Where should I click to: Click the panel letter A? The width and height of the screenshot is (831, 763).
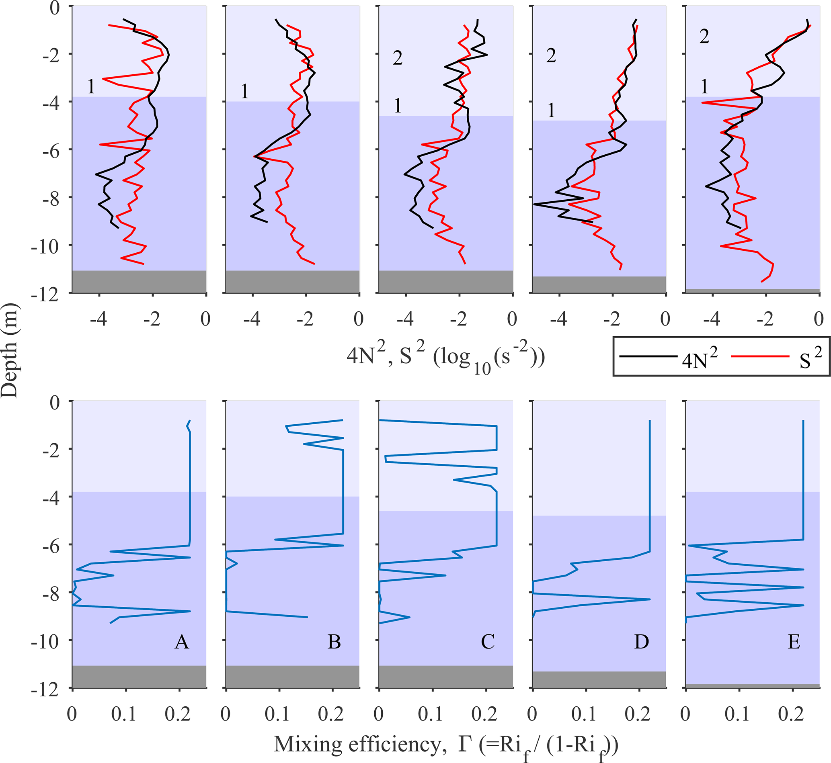click(182, 642)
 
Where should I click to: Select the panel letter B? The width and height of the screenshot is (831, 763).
click(334, 642)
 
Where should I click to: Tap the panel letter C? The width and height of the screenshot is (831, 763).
click(488, 642)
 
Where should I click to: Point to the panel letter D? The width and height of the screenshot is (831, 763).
click(641, 642)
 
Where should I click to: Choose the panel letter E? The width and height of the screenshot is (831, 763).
click(794, 642)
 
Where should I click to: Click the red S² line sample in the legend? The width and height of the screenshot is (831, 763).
click(760, 356)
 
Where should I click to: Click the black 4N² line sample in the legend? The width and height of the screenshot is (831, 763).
click(648, 356)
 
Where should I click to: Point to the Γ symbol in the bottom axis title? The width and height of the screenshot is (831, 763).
click(464, 744)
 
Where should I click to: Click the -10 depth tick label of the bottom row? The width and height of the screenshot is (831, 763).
click(45, 641)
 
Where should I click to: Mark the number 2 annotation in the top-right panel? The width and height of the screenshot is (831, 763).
click(704, 37)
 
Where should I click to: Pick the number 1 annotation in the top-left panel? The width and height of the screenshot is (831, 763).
click(91, 87)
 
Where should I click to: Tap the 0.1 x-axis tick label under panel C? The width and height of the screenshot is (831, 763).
click(430, 714)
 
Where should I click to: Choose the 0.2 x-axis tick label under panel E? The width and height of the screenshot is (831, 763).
click(791, 714)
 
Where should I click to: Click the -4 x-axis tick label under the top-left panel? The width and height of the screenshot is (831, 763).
click(99, 319)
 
